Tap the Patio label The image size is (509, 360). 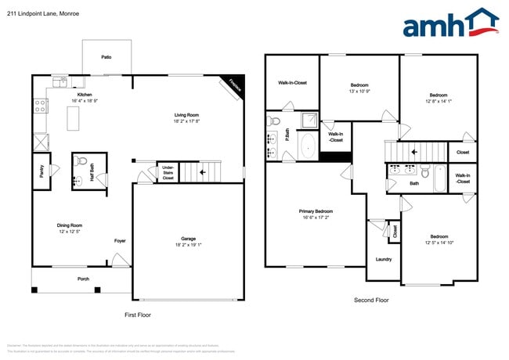point(106,57)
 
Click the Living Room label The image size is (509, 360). point(187,116)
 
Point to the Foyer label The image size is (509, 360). point(120,240)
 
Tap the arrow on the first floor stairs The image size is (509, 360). point(203,171)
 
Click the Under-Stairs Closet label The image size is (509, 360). point(168,173)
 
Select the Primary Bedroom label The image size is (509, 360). point(316,211)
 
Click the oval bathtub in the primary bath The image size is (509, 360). point(307,146)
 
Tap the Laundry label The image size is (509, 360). point(384,259)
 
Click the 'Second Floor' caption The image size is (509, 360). point(372,301)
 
